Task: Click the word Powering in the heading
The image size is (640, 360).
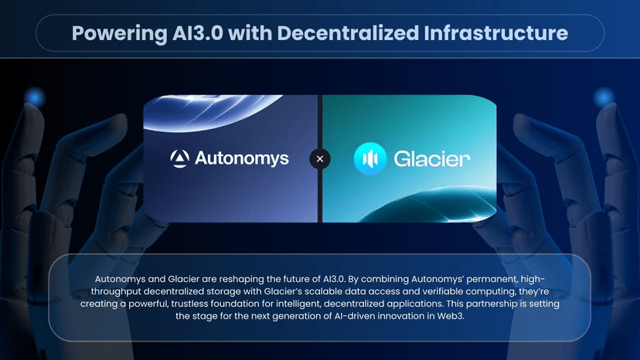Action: point(119,34)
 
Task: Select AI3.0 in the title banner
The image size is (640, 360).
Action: point(198,33)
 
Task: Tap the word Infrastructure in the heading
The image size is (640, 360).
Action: point(495,33)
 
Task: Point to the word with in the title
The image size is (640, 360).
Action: point(250,33)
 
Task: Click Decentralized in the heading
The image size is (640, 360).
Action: point(348,33)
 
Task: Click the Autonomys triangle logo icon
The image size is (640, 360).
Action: point(179,158)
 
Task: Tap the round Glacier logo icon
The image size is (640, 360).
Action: point(370,159)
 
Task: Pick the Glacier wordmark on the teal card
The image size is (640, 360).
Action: point(432,159)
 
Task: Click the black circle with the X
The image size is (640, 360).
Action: point(320,159)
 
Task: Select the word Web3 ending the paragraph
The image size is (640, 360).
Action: point(450,316)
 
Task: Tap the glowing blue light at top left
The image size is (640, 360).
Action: point(35,97)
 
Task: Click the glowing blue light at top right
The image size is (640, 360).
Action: point(604,97)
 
